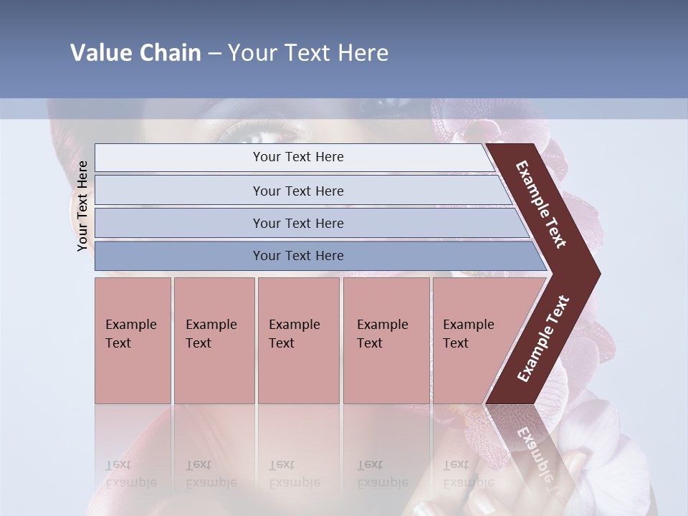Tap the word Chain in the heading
pyautogui.click(x=170, y=53)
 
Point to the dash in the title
pyautogui.click(x=214, y=54)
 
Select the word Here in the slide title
pyautogui.click(x=363, y=53)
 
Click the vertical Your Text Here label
pyautogui.click(x=82, y=206)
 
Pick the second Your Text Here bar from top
pyautogui.click(x=298, y=191)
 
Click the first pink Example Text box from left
pyautogui.click(x=133, y=340)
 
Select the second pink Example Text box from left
pyautogui.click(x=214, y=340)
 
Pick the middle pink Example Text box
pyautogui.click(x=298, y=340)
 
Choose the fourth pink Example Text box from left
pyautogui.click(x=386, y=340)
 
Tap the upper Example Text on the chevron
pyautogui.click(x=541, y=204)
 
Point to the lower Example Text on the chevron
pyautogui.click(x=543, y=338)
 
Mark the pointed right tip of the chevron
pyautogui.click(x=598, y=273)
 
